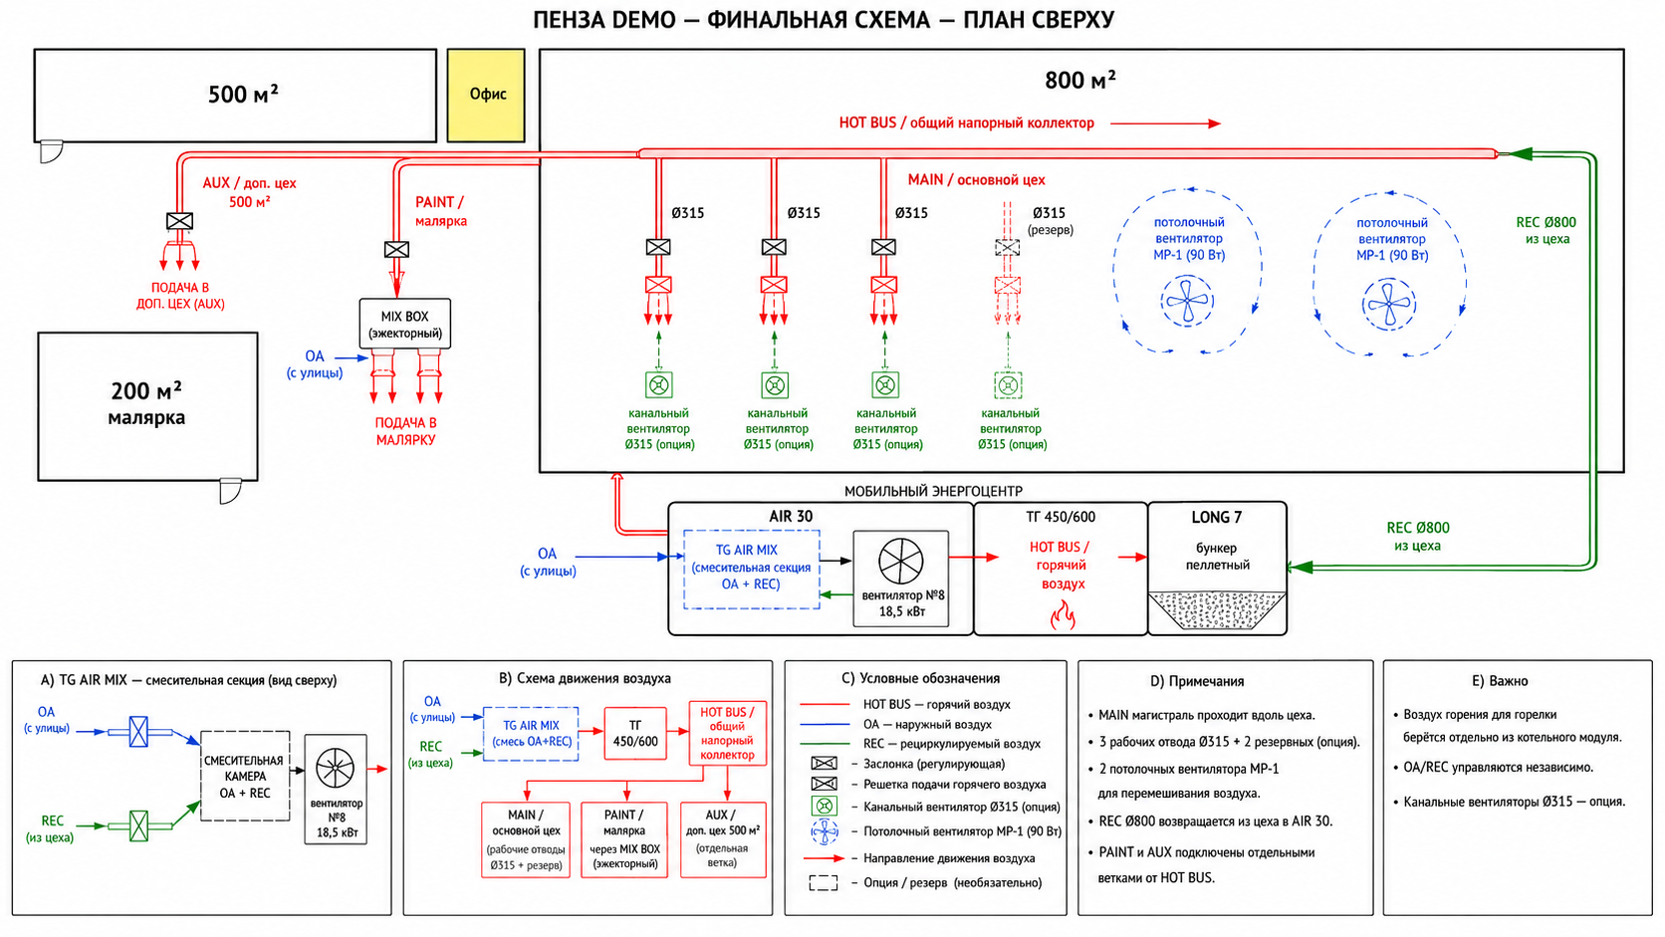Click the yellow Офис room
click(486, 96)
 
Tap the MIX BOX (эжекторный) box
click(405, 324)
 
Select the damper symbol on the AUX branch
click(179, 221)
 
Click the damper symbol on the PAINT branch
click(396, 250)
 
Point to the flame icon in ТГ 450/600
click(1063, 616)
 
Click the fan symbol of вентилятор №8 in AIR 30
click(901, 561)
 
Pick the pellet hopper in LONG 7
click(1217, 610)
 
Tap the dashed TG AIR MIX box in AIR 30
click(752, 570)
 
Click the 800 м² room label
click(1080, 80)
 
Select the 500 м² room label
click(243, 95)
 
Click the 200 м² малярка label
click(146, 403)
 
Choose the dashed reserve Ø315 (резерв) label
click(1050, 221)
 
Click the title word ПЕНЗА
click(568, 19)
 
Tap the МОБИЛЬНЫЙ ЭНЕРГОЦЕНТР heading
click(933, 491)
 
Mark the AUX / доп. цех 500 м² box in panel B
click(723, 839)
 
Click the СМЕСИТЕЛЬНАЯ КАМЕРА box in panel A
click(245, 776)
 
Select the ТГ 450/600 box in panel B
click(634, 733)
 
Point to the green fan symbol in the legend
click(824, 807)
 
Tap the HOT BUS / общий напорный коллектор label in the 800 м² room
click(966, 122)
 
